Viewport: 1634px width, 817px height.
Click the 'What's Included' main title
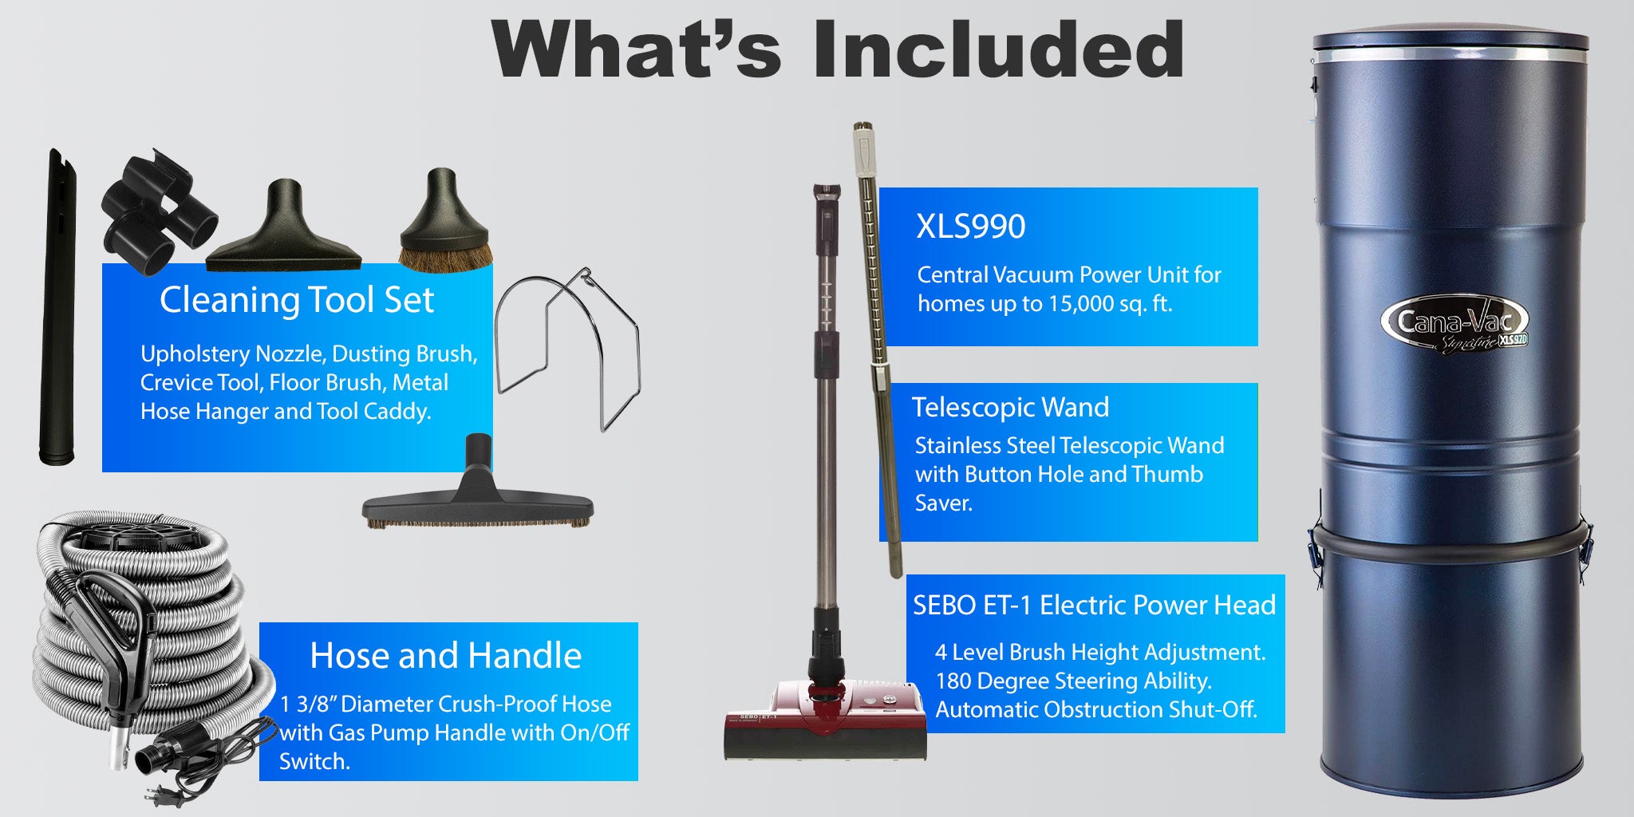click(838, 49)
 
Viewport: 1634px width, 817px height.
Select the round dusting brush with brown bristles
click(444, 221)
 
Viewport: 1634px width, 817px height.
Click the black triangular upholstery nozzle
click(284, 227)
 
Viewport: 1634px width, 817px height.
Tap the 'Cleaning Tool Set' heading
click(297, 300)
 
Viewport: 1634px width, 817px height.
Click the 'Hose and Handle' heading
click(445, 656)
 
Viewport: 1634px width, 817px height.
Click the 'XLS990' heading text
click(971, 227)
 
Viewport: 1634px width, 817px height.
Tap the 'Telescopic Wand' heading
click(1010, 408)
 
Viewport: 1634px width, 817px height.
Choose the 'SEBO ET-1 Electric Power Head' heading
click(1094, 606)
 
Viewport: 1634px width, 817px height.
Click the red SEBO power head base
click(826, 718)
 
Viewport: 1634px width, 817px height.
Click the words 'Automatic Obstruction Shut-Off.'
click(1096, 709)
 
